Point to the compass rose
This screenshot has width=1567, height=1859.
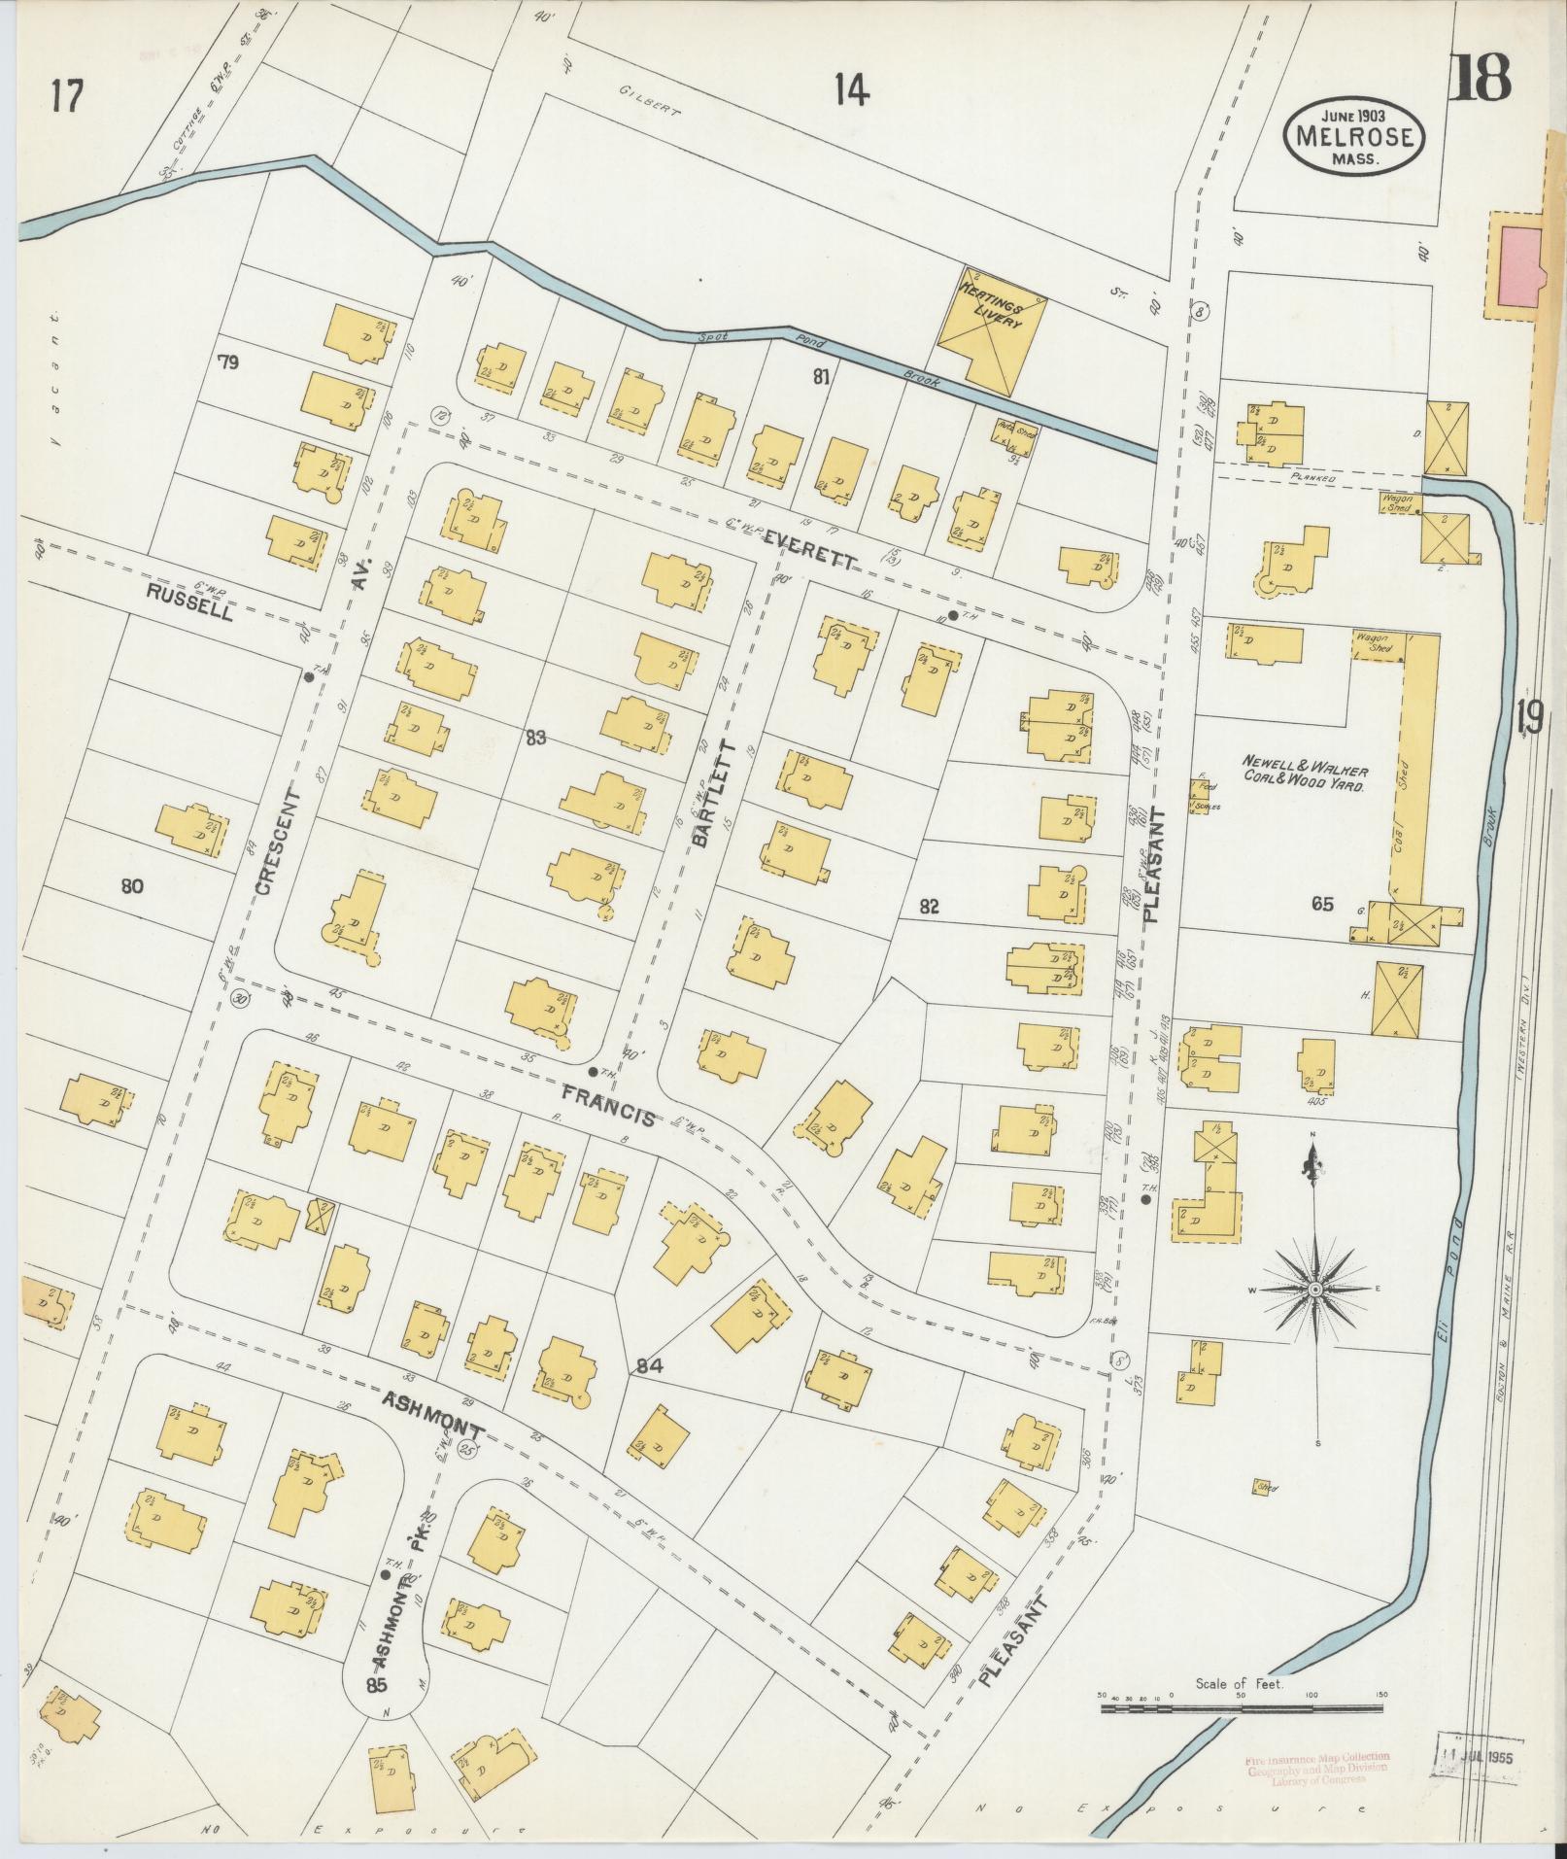click(x=1313, y=1289)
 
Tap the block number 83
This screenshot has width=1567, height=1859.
click(x=534, y=739)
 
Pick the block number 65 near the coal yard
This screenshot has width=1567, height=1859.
click(x=1321, y=904)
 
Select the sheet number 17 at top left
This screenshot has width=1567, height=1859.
click(x=69, y=97)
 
